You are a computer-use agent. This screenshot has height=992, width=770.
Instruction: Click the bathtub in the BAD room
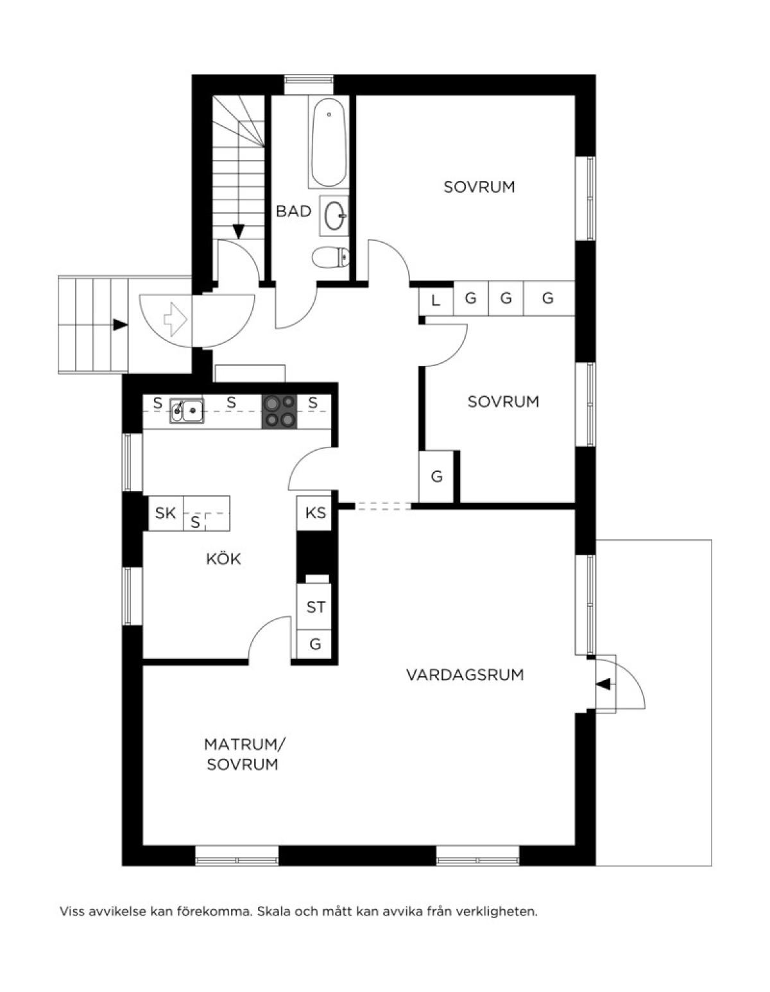329,142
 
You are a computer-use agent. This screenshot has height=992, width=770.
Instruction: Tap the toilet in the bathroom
331,257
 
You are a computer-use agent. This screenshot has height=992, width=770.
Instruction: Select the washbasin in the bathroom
334,216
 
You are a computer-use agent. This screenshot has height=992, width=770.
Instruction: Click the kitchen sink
187,410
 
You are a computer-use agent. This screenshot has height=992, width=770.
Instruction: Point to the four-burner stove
279,411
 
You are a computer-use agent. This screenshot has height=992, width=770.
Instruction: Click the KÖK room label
223,559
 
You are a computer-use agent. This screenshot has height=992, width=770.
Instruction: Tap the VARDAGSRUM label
465,675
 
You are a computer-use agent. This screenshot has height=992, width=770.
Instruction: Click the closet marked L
436,299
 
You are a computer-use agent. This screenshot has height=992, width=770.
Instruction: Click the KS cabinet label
316,512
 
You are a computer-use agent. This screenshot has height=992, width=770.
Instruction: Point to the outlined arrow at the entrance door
176,318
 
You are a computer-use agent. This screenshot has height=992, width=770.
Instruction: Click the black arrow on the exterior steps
120,325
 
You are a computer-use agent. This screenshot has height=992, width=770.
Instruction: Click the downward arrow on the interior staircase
239,231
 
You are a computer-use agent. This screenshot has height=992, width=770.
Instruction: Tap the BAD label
294,211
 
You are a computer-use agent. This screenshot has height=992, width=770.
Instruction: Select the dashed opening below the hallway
382,506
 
